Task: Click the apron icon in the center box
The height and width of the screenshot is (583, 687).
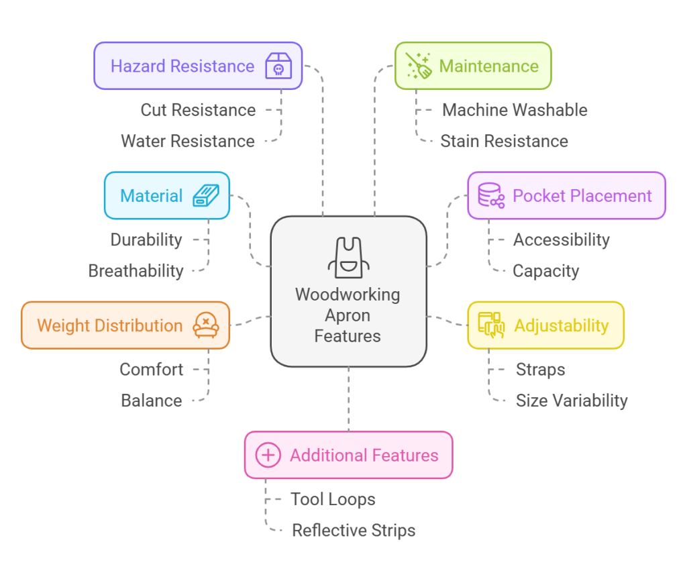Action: tap(348, 258)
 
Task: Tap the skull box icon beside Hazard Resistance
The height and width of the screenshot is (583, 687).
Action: tap(278, 66)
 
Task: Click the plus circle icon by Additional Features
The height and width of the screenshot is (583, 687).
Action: tap(268, 456)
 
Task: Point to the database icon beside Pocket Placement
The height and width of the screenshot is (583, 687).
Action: tap(490, 196)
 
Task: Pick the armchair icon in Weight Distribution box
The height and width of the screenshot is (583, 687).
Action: tap(205, 325)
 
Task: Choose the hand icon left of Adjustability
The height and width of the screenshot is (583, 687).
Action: tap(491, 325)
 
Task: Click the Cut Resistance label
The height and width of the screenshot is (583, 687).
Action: tap(198, 110)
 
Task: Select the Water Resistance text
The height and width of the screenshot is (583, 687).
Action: tap(188, 142)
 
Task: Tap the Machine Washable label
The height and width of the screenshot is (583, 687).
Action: tap(515, 110)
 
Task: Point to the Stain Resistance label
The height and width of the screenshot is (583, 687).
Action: tap(504, 142)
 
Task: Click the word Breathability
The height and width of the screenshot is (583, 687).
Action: tap(136, 271)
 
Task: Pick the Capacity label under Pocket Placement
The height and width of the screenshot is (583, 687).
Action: tap(545, 271)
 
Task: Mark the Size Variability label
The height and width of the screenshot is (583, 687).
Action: tap(572, 401)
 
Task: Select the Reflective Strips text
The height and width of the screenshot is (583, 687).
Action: tap(354, 531)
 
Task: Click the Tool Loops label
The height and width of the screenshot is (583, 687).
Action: tap(333, 499)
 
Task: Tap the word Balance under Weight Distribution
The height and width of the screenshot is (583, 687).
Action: tap(152, 401)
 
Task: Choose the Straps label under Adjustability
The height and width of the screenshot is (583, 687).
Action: tap(540, 370)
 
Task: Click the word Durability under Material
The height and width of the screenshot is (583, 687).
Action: tap(146, 240)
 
